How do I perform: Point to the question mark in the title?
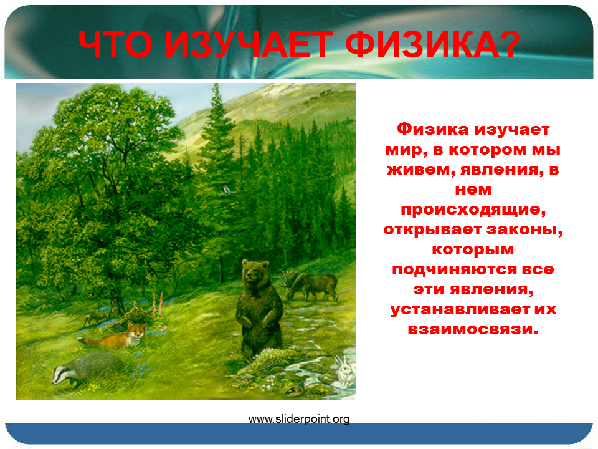(x=510, y=43)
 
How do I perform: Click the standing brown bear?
(x=259, y=309)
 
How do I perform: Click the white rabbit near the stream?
(x=345, y=370)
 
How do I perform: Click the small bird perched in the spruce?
(x=227, y=190)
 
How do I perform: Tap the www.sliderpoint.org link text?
(x=299, y=419)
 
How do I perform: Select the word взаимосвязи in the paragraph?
(x=473, y=329)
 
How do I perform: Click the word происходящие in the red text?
(x=473, y=210)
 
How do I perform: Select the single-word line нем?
(x=473, y=190)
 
